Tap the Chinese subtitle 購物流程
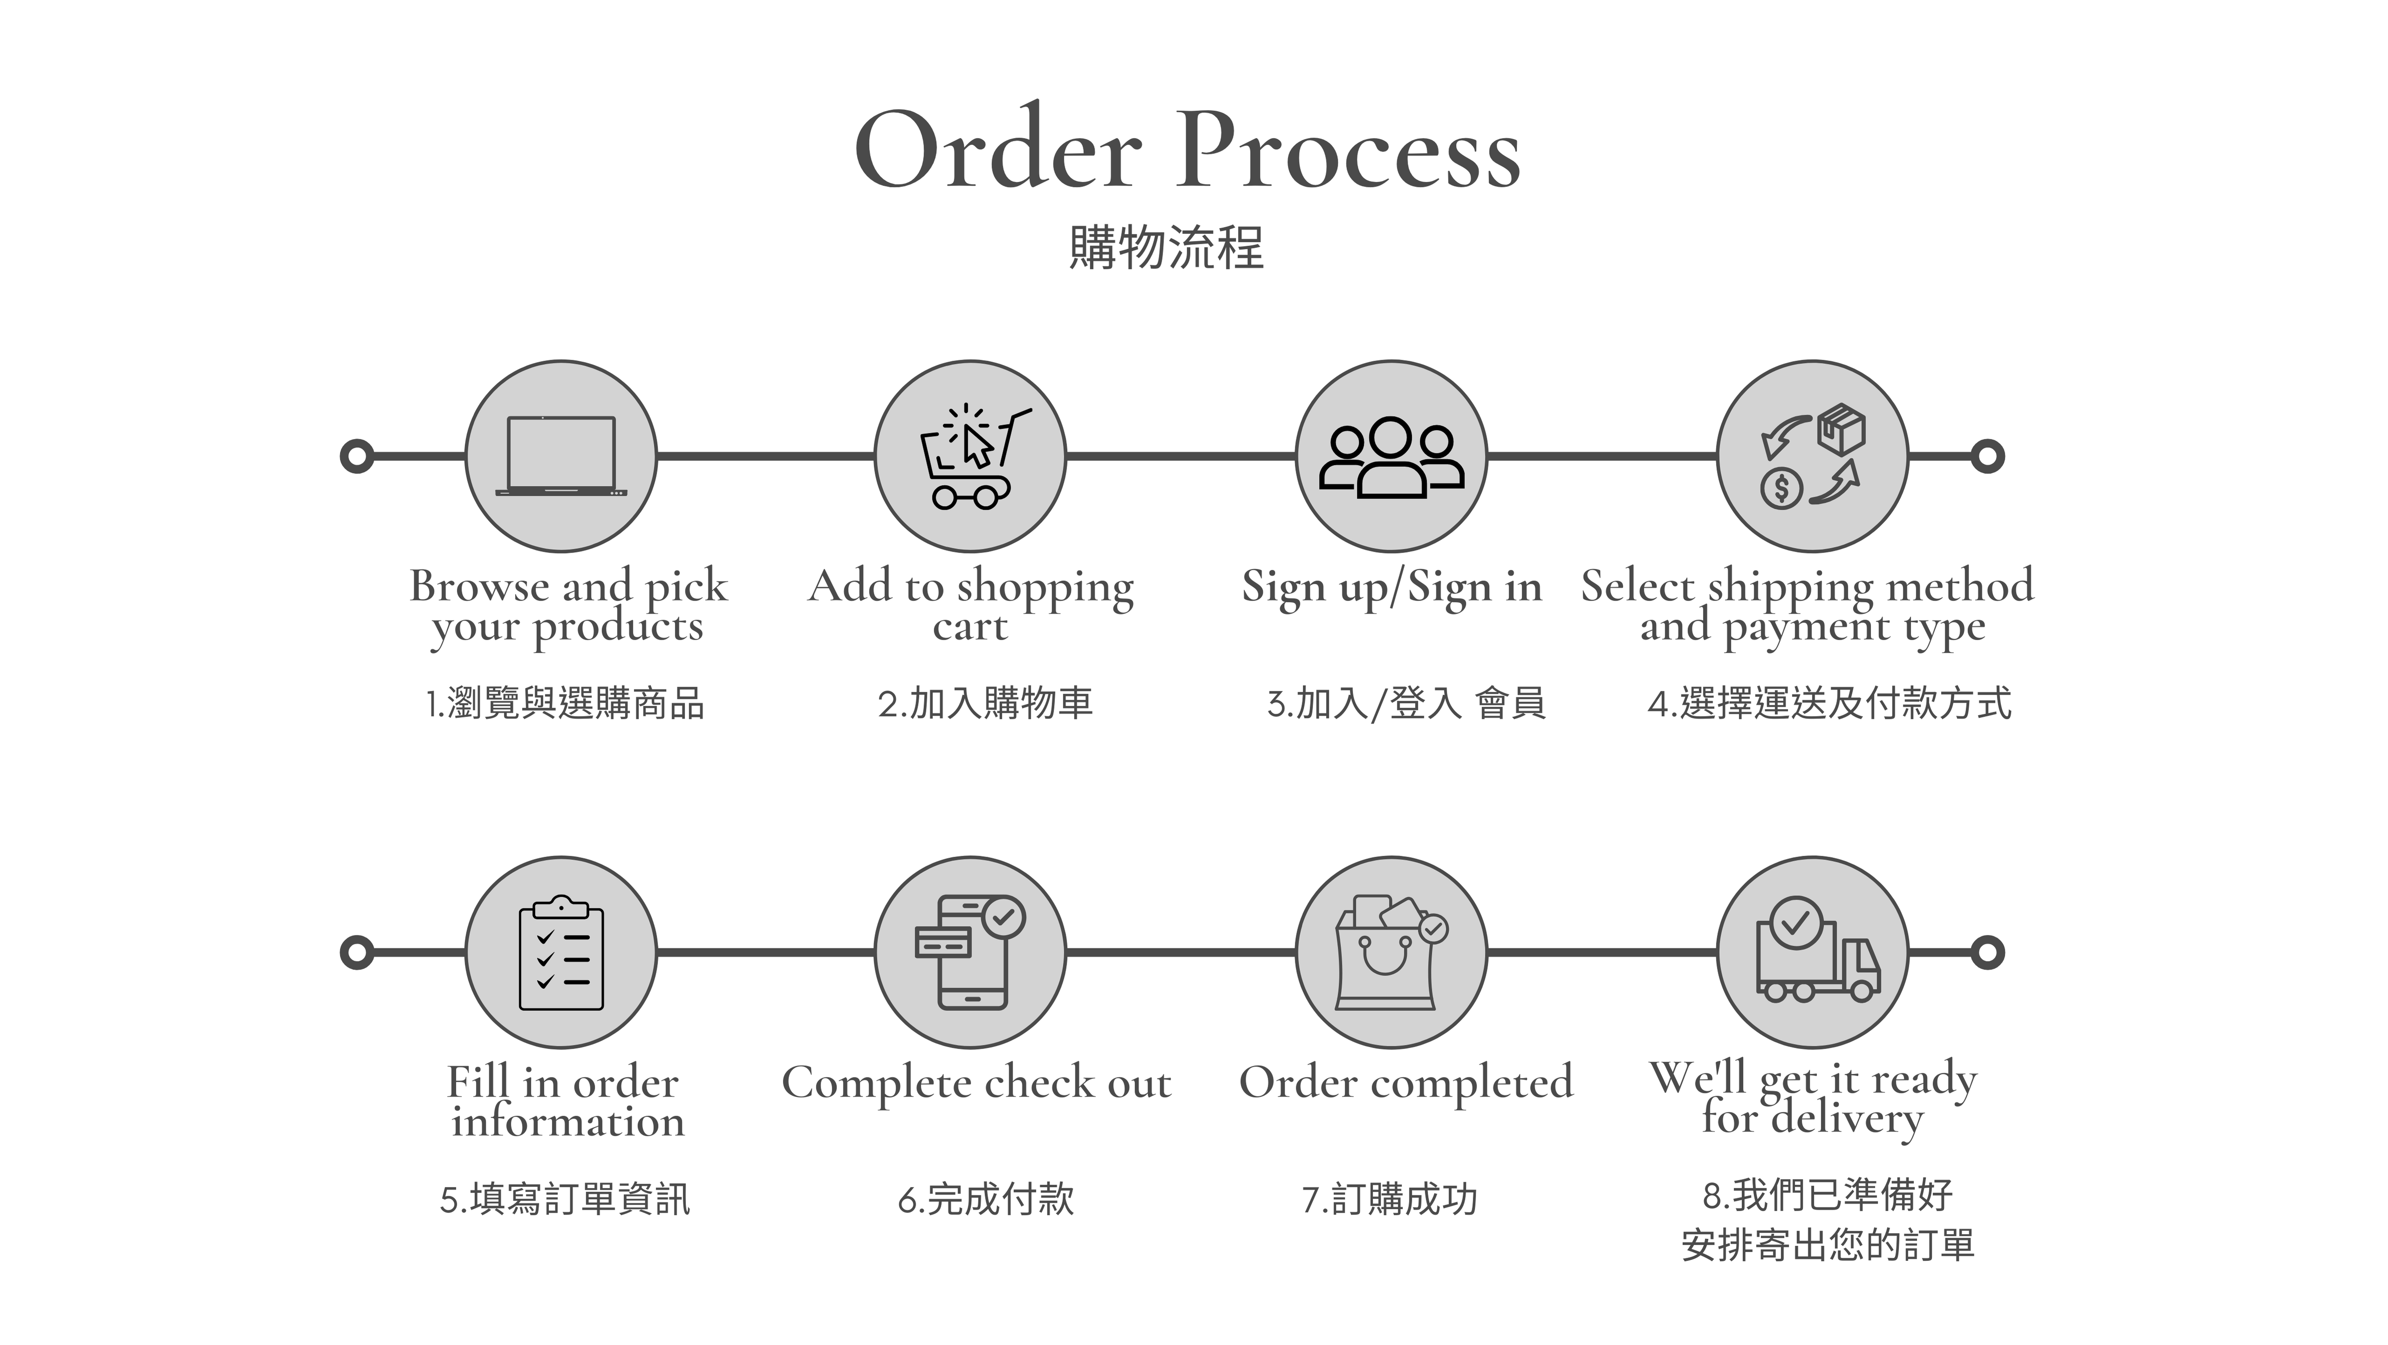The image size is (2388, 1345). [1166, 248]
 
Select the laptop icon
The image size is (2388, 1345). [561, 456]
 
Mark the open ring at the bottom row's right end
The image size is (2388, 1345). [1987, 952]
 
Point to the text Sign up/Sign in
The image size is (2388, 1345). [1390, 587]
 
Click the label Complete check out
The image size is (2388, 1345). [976, 1083]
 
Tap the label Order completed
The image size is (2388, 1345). [1405, 1083]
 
